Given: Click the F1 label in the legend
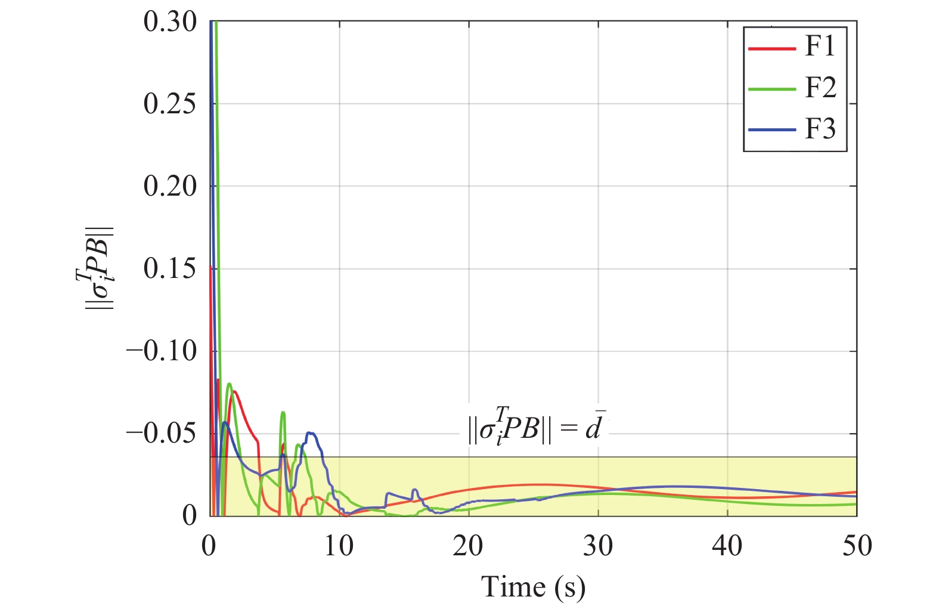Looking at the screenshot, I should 820,47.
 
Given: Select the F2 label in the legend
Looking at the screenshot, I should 820,88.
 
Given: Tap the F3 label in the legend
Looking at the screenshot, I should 820,129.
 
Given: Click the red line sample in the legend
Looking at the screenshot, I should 772,48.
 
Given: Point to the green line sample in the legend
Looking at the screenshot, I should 772,89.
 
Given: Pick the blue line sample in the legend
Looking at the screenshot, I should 772,130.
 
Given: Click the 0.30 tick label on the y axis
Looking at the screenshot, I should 170,22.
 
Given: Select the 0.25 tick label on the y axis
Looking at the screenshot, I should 170,104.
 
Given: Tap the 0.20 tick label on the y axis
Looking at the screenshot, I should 170,186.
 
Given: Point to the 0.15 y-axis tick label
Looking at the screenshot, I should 170,268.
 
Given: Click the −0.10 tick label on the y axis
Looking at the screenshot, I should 162,351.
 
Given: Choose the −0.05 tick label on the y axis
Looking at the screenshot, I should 162,433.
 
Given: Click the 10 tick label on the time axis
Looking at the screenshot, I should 339,546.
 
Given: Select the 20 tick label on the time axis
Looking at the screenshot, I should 468,546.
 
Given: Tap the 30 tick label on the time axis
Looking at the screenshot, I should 598,546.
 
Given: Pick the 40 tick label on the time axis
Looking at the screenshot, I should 727,546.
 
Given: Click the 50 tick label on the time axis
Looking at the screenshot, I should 857,546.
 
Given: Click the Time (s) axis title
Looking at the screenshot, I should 533,587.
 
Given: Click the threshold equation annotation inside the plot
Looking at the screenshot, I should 535,427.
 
